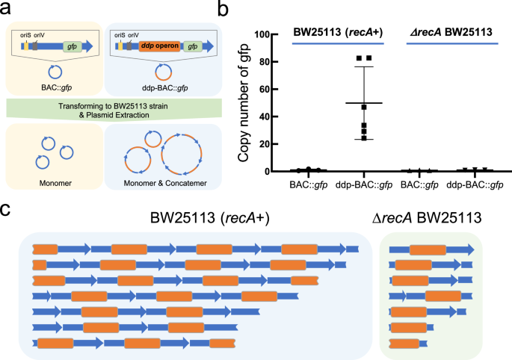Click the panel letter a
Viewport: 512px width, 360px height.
coord(9,10)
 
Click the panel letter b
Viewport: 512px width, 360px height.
coord(221,10)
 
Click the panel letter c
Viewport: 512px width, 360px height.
coord(8,209)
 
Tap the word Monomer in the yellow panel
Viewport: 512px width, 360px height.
coord(49,180)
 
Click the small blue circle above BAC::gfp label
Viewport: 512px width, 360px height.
coord(49,75)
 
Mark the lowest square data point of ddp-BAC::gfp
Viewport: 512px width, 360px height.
coord(364,137)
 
